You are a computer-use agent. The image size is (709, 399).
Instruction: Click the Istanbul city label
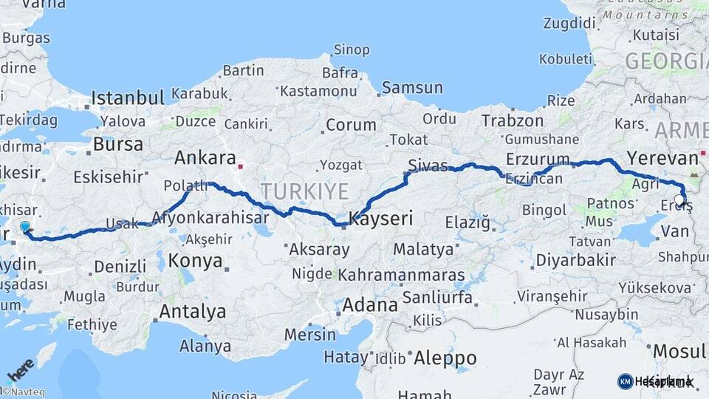click(128, 98)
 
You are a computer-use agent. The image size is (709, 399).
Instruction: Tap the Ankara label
click(205, 158)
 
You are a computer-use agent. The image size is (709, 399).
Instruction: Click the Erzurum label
click(538, 159)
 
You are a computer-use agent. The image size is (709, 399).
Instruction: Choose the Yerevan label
click(662, 158)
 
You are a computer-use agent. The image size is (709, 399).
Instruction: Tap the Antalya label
click(193, 312)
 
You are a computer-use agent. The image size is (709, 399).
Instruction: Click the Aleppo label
click(445, 358)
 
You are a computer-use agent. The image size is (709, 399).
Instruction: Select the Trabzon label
click(512, 120)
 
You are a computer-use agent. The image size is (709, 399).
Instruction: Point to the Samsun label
click(412, 88)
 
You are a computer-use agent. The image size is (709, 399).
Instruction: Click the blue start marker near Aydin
click(25, 228)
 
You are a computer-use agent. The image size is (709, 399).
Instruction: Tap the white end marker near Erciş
click(680, 199)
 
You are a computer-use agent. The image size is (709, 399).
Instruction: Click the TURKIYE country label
click(304, 191)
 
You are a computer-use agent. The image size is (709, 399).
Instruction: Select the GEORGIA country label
click(666, 61)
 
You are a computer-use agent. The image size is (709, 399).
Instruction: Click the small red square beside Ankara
click(240, 166)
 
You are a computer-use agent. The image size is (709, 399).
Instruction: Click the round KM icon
click(625, 381)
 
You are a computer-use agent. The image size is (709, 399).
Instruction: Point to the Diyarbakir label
click(575, 260)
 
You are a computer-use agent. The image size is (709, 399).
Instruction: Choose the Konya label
click(195, 261)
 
